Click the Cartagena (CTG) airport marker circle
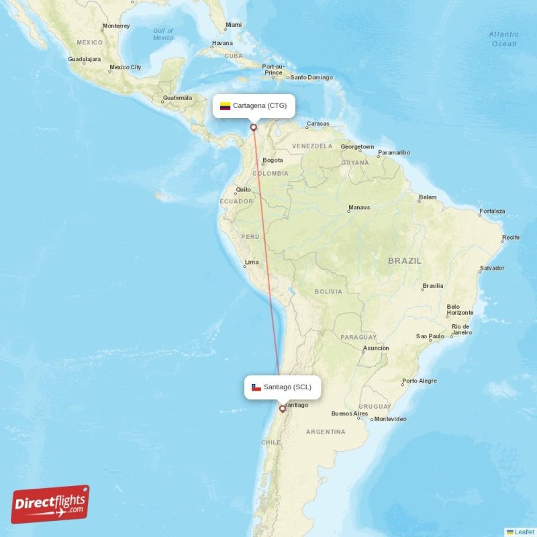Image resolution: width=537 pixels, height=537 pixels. (x=254, y=127)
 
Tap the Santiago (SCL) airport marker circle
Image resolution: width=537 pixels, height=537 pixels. (x=282, y=408)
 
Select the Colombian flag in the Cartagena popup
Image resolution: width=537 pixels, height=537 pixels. (x=225, y=106)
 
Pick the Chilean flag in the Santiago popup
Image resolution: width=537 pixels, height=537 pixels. (x=256, y=387)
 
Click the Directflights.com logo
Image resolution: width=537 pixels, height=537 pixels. (x=50, y=504)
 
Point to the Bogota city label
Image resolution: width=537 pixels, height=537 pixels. (x=273, y=160)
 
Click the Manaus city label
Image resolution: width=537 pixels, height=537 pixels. (x=359, y=207)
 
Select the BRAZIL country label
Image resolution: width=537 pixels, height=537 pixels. (x=405, y=260)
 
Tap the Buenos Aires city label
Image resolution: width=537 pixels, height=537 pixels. (x=350, y=413)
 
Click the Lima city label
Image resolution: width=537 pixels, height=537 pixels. (x=252, y=262)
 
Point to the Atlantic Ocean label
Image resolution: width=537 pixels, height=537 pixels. (x=503, y=39)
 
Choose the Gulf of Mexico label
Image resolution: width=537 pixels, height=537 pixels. (x=162, y=34)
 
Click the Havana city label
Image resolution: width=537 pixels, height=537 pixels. (x=222, y=43)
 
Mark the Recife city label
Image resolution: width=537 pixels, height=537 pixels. (x=511, y=237)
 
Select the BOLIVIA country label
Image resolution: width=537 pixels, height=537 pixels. (x=328, y=291)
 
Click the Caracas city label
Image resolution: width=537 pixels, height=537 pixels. (x=318, y=124)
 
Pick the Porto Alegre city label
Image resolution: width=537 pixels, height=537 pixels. (x=419, y=381)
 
